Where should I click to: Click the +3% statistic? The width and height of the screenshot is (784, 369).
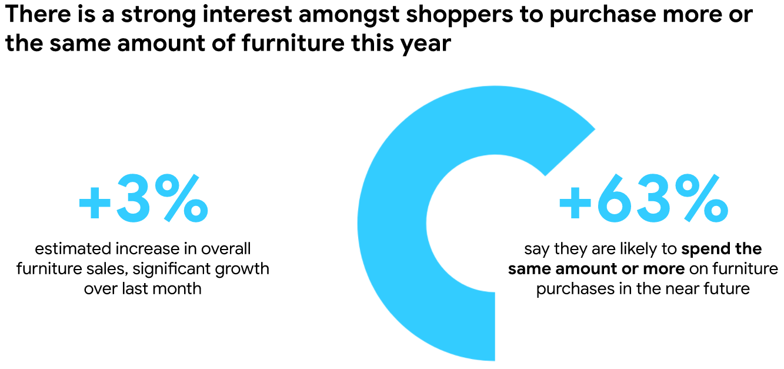pos(144,198)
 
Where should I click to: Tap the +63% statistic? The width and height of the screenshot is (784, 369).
pos(643,198)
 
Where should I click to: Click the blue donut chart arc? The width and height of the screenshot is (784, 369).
pos(392,224)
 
